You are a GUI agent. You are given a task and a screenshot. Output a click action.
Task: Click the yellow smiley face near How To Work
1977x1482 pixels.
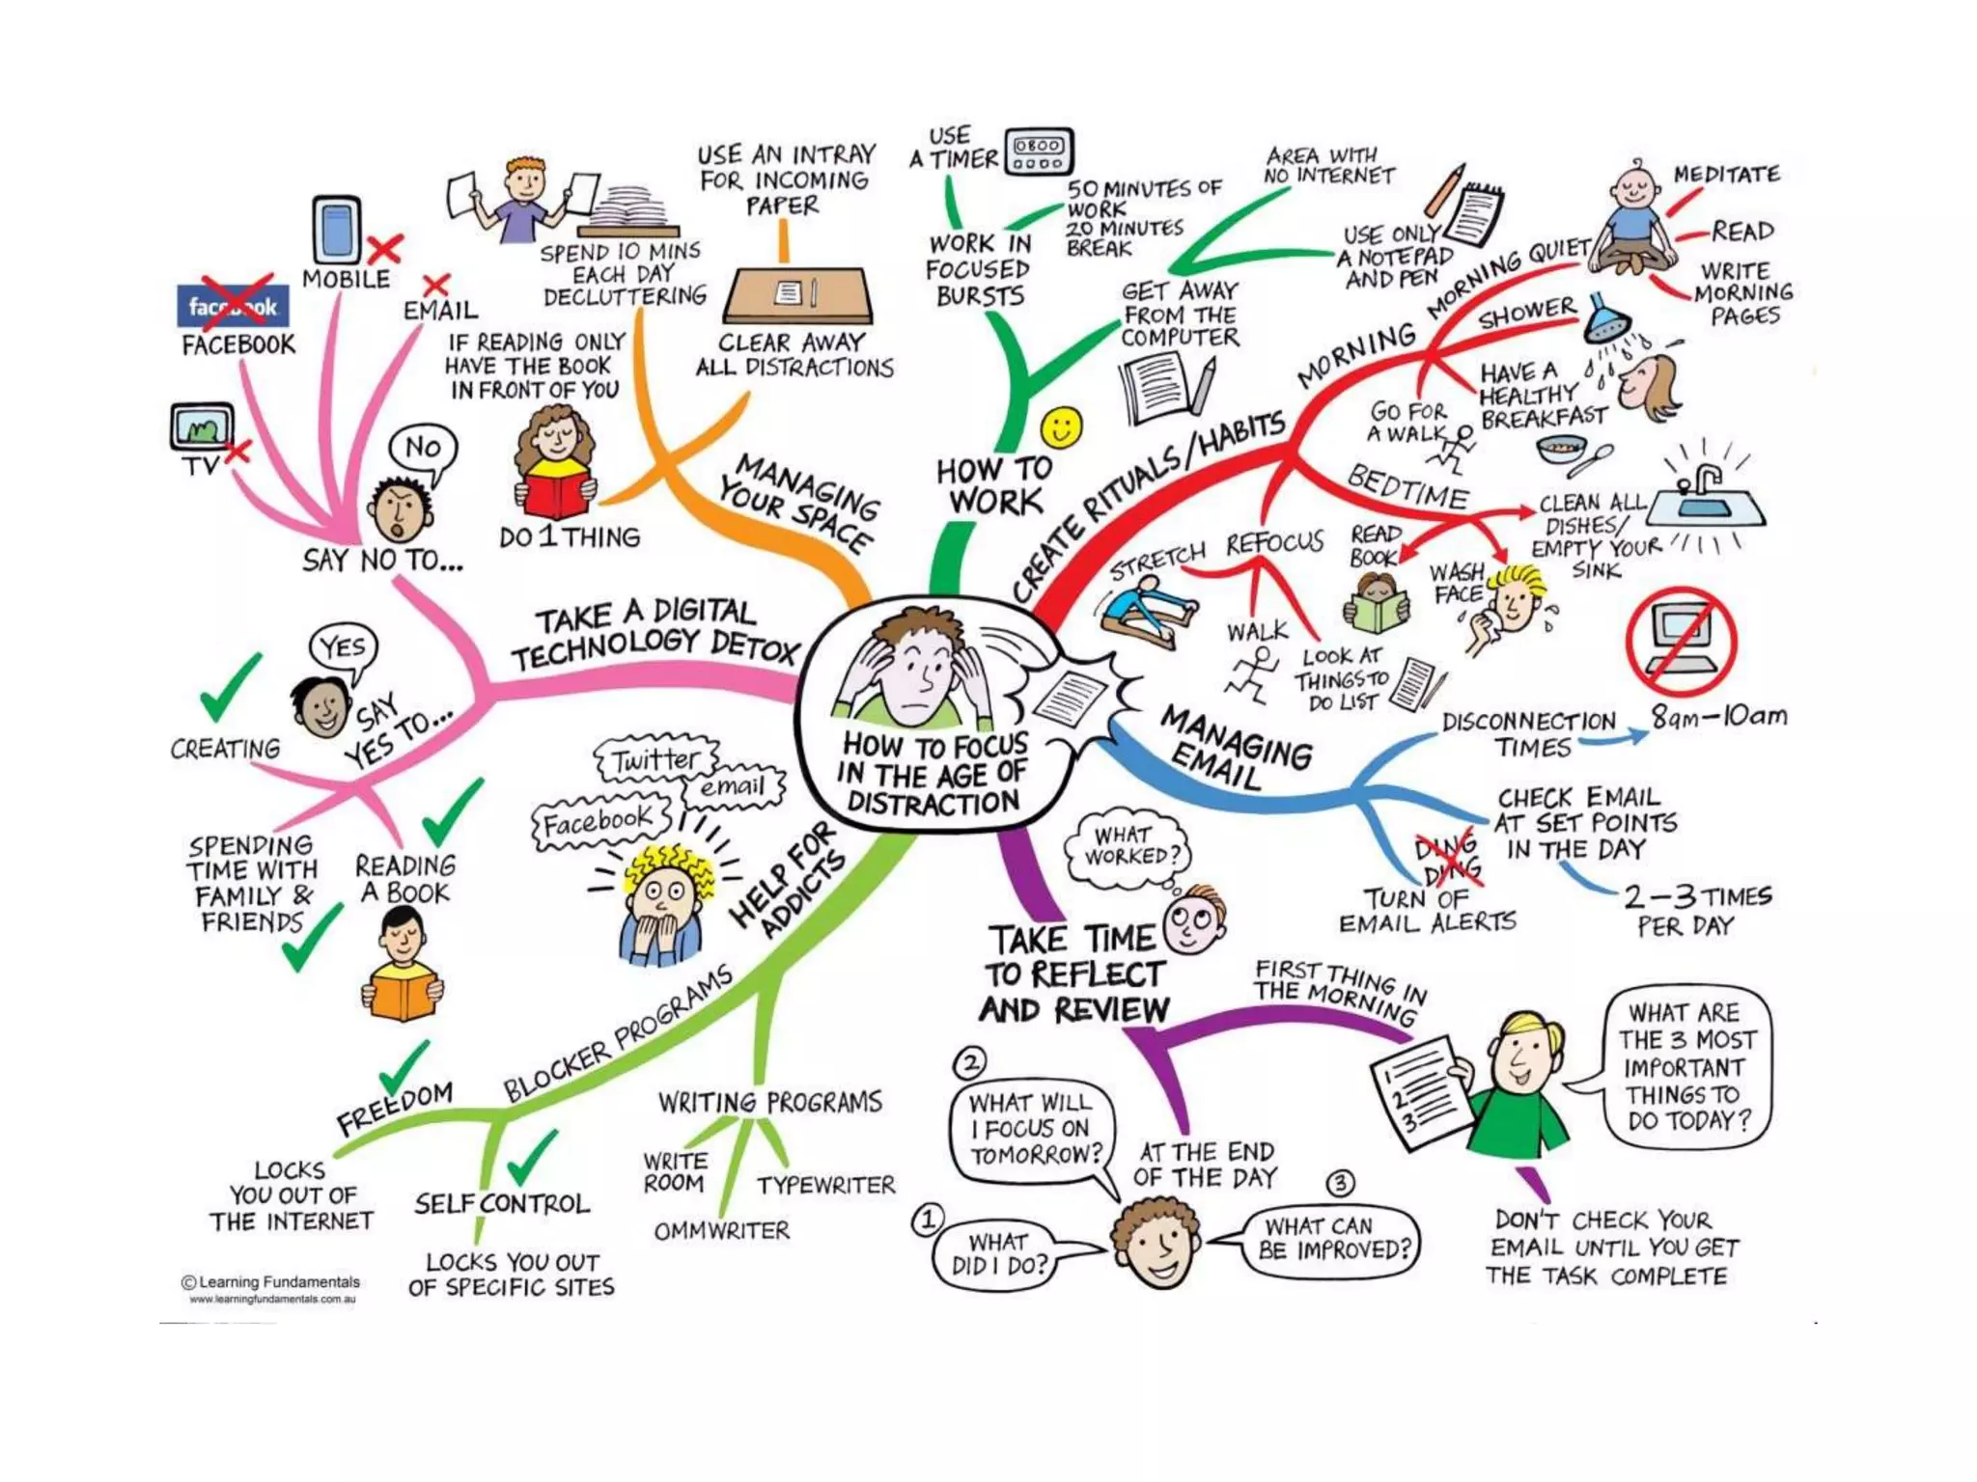(x=1061, y=427)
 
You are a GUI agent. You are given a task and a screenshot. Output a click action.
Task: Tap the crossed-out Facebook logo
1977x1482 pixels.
(x=233, y=305)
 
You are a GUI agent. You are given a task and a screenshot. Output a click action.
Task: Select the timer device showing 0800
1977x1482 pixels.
(x=1039, y=152)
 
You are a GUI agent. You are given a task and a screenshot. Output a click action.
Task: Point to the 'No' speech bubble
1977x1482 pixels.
(x=423, y=452)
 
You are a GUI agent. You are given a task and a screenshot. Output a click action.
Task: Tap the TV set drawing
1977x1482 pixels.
(x=202, y=427)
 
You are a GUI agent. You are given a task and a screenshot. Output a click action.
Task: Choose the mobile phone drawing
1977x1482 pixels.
(x=337, y=231)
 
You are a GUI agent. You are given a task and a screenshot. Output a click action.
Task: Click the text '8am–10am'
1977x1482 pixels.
(x=1718, y=716)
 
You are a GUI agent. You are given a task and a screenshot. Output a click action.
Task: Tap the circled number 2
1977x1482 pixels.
(x=969, y=1063)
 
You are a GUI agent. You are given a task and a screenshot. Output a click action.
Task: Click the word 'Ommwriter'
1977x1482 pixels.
(x=721, y=1231)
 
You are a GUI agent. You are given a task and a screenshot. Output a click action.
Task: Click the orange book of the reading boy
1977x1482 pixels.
(x=403, y=994)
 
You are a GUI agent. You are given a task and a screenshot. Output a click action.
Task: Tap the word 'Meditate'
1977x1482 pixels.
(x=1727, y=174)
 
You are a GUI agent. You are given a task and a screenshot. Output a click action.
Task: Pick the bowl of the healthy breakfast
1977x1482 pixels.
(x=1561, y=450)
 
